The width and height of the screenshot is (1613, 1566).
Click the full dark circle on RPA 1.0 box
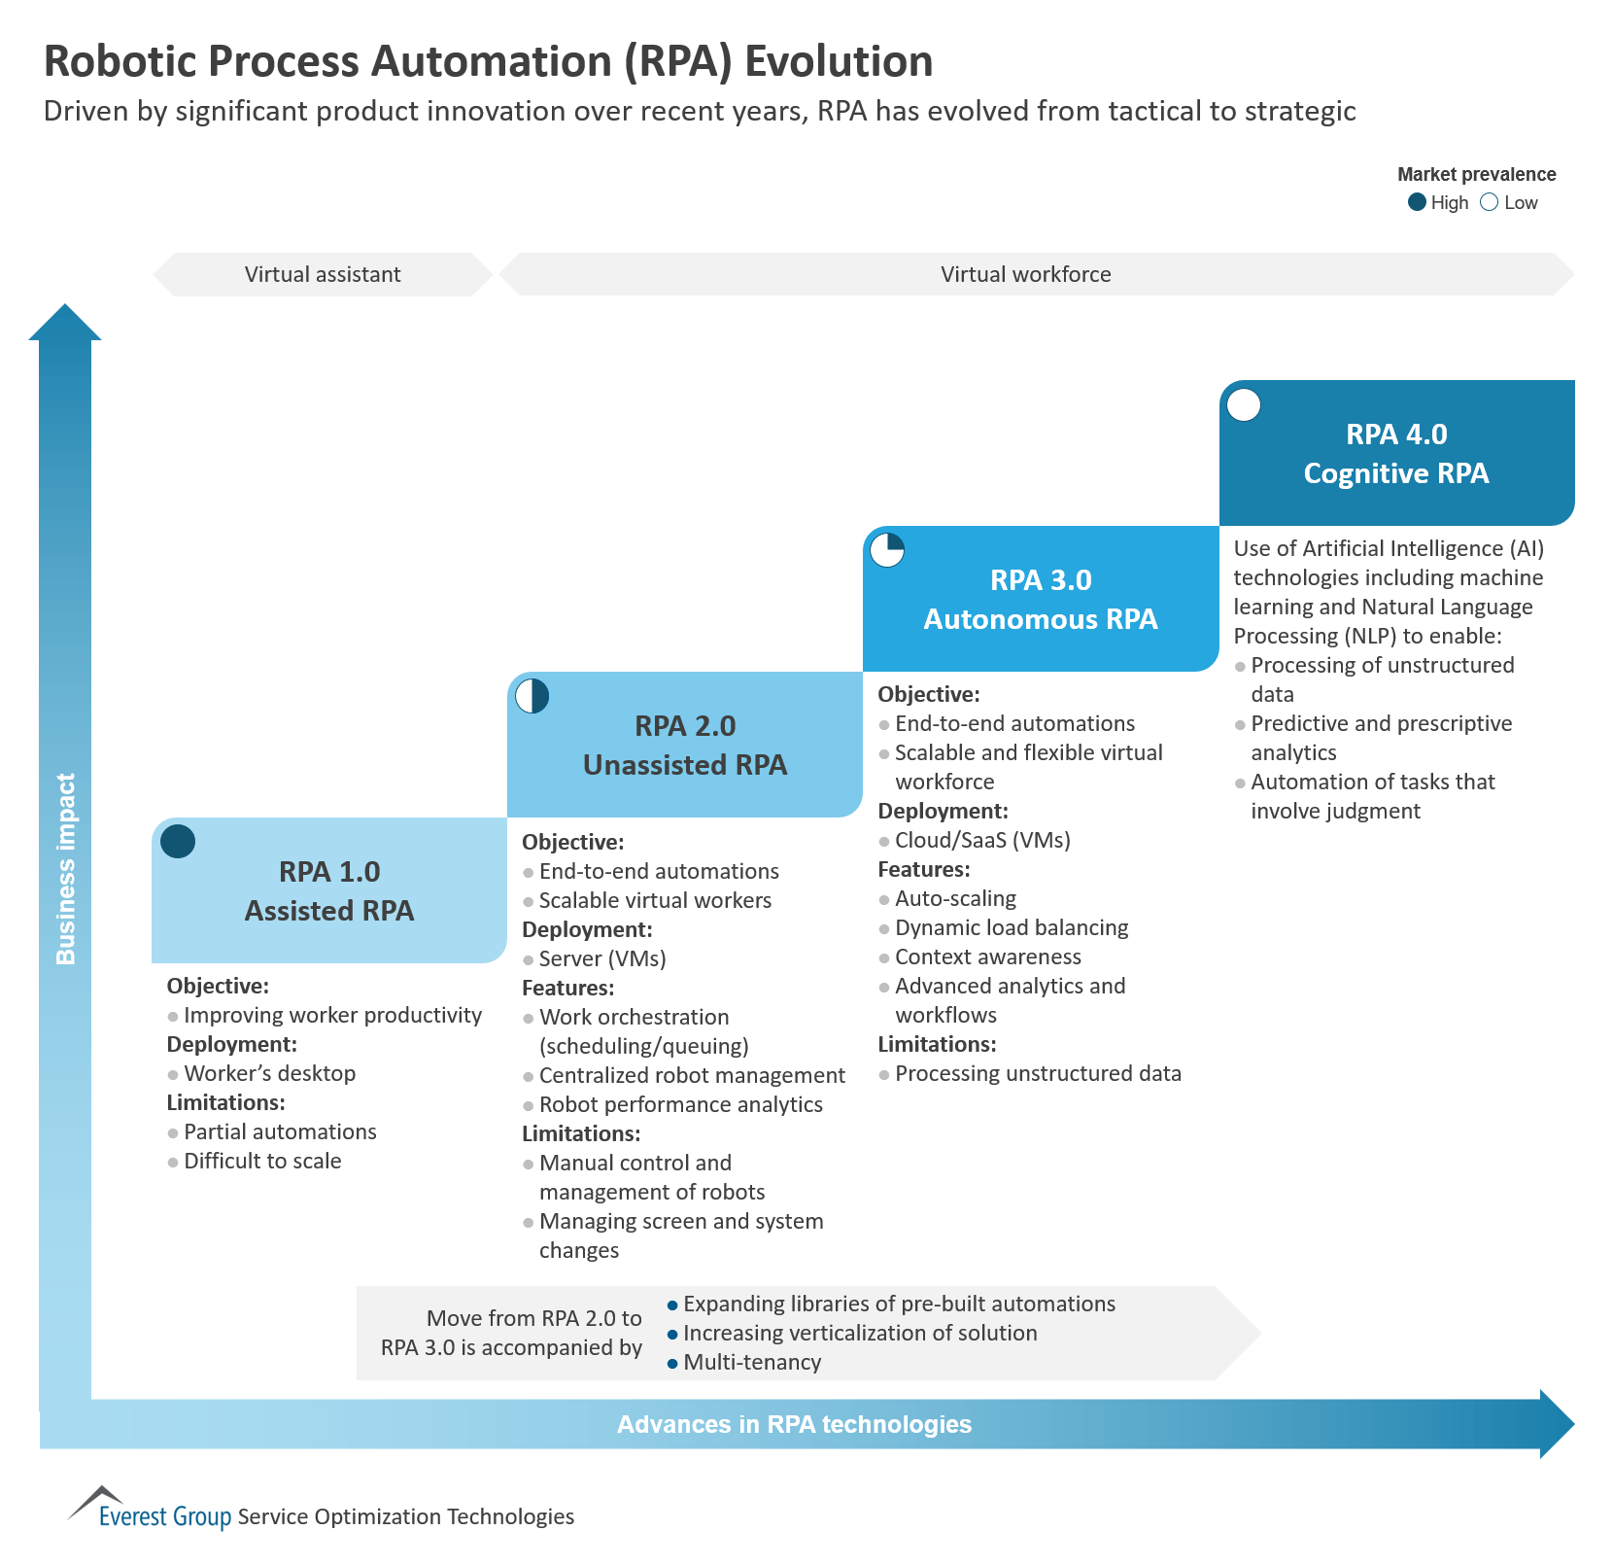click(x=178, y=841)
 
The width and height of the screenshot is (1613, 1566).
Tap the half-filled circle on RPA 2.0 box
click(x=532, y=696)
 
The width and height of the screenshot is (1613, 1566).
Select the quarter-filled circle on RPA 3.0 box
click(x=887, y=550)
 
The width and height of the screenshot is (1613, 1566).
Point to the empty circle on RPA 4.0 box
click(x=1244, y=404)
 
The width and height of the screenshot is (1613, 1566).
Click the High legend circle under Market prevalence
click(x=1417, y=202)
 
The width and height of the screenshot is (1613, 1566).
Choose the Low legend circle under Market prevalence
click(x=1489, y=202)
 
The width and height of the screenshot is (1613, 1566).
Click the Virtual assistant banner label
click(x=323, y=274)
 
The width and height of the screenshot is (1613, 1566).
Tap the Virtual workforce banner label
click(x=1025, y=274)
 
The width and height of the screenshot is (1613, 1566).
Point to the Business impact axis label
click(x=65, y=868)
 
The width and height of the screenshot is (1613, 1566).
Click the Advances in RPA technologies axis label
click(x=794, y=1424)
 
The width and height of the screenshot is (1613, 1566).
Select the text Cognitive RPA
click(x=1395, y=473)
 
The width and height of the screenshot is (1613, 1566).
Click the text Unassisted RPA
click(x=684, y=765)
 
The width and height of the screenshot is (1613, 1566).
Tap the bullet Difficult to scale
click(x=262, y=1161)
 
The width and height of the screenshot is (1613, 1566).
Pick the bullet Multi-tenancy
click(x=752, y=1362)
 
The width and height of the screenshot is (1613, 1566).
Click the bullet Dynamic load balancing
click(x=1011, y=927)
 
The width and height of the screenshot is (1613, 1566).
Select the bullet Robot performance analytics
click(x=680, y=1104)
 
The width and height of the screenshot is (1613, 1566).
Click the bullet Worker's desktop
click(x=269, y=1073)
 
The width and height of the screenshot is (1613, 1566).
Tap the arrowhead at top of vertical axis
click(x=65, y=323)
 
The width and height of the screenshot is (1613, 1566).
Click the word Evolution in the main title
click(x=838, y=61)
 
